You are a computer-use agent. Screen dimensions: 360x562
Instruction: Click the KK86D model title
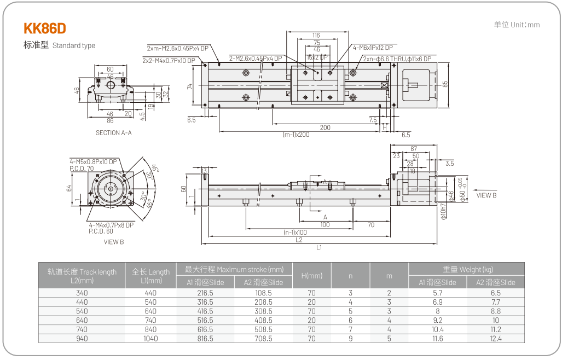click(x=45, y=28)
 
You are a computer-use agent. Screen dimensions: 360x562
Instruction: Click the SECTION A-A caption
click(x=113, y=133)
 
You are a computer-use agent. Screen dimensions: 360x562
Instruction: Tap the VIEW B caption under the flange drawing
click(x=114, y=241)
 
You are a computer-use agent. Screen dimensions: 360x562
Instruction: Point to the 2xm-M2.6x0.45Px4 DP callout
click(x=177, y=48)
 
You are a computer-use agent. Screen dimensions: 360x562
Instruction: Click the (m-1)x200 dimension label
click(x=296, y=135)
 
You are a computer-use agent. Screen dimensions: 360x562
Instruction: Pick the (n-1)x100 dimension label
click(x=295, y=233)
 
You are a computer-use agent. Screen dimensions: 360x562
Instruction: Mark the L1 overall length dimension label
click(x=319, y=247)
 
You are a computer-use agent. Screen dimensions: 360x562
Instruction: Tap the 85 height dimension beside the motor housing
click(x=445, y=84)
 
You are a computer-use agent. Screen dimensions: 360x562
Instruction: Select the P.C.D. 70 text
click(x=82, y=169)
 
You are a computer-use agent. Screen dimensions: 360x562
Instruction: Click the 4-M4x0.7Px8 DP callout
click(x=111, y=225)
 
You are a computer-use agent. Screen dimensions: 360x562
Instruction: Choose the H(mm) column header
click(x=312, y=276)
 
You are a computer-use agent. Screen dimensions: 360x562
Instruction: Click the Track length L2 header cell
click(x=82, y=276)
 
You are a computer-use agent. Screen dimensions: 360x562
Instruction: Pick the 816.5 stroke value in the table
click(x=205, y=339)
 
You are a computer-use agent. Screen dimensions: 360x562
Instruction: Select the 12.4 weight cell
click(x=495, y=339)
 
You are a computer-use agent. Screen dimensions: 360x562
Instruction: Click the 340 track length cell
click(x=82, y=293)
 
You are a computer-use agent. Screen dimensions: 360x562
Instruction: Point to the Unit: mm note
click(x=517, y=25)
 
